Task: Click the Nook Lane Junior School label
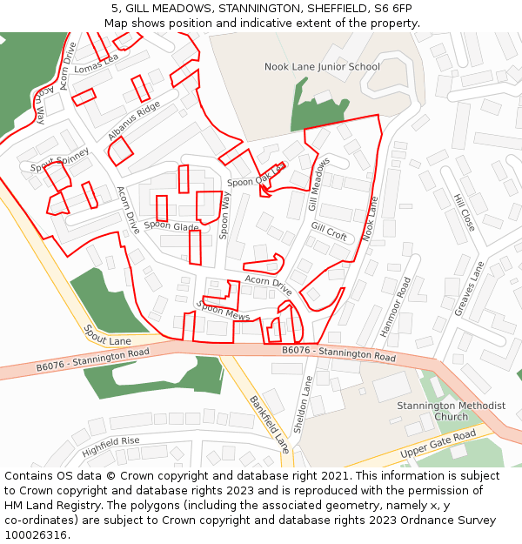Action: (322, 67)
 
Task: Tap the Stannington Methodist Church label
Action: (451, 411)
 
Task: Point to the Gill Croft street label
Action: (329, 232)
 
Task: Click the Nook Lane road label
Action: (371, 218)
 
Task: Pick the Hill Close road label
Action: (464, 212)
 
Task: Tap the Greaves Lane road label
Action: (469, 288)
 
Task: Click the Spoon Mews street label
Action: (224, 310)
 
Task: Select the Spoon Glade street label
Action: (171, 225)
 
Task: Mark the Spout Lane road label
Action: (107, 335)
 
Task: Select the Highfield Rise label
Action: (110, 447)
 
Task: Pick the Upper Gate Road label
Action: (438, 444)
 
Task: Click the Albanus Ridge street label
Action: (134, 121)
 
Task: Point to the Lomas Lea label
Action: (96, 64)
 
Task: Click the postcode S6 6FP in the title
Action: (391, 9)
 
